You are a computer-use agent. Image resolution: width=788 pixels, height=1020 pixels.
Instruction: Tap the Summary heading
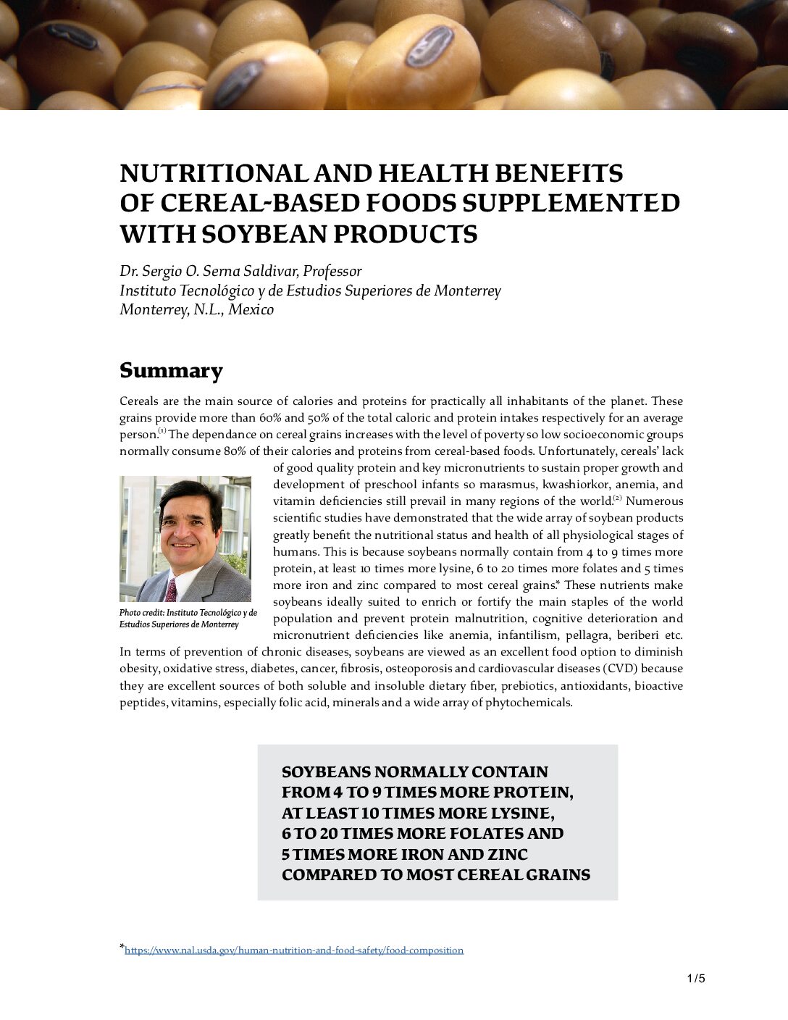point(171,370)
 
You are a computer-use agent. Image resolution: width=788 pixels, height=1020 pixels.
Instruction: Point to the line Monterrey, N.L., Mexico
point(196,309)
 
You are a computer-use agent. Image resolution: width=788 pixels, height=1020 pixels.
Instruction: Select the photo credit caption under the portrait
point(188,619)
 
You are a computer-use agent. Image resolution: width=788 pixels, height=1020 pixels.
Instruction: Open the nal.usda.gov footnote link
point(293,950)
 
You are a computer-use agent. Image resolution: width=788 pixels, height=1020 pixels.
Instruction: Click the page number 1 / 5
point(695,979)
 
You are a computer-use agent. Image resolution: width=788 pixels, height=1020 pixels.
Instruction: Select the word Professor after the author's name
point(332,271)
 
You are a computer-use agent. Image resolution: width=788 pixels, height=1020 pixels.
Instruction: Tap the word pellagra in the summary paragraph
point(586,635)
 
